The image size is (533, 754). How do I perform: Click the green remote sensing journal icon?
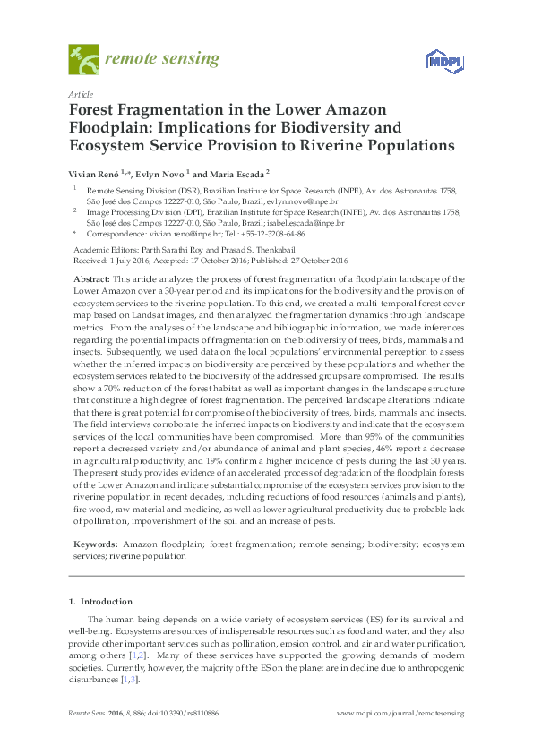[83, 60]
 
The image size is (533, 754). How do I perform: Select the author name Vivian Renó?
[95, 174]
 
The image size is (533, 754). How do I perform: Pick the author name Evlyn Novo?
[159, 174]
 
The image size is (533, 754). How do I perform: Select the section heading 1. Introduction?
[100, 601]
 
